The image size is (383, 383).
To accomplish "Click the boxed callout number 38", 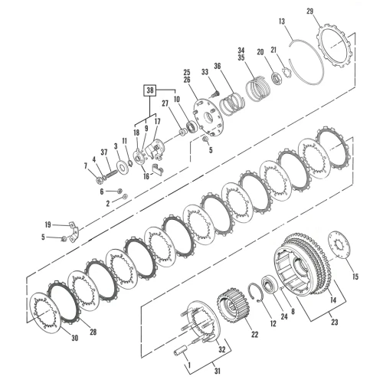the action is (150, 90).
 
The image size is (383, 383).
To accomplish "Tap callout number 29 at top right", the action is (309, 11).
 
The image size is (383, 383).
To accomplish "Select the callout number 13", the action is (282, 21).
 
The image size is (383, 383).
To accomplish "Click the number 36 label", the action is (218, 66).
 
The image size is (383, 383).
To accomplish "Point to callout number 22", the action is (254, 334).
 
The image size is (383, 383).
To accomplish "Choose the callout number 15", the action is (355, 277).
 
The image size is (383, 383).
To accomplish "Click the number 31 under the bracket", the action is (217, 371).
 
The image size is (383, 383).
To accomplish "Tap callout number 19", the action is (47, 224).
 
